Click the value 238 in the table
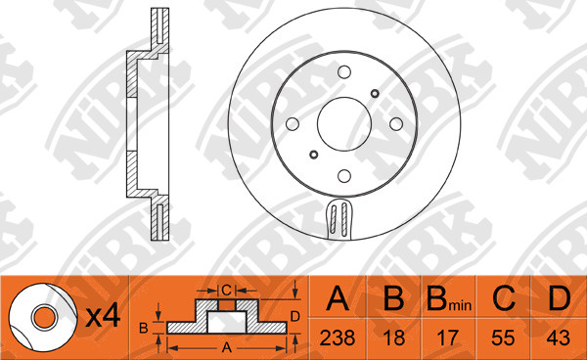coord(338,337)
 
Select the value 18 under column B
coord(394,337)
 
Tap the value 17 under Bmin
coord(447,337)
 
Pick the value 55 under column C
coord(503,337)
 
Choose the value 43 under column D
coord(559,337)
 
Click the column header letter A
coord(338,298)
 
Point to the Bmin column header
coord(449,299)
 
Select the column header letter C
coord(504,298)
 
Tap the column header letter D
coord(560,298)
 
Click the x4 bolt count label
coord(103,315)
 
